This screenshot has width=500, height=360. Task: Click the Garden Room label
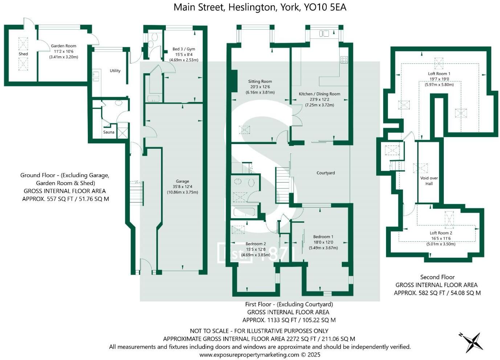63,46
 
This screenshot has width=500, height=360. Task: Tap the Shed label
23,54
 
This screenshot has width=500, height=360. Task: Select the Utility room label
115,71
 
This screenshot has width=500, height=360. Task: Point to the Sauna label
108,132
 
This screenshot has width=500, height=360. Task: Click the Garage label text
183,181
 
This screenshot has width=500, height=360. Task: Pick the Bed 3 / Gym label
184,49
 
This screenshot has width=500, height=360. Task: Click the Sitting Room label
260,82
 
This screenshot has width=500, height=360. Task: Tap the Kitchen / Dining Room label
319,94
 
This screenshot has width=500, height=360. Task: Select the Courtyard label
325,173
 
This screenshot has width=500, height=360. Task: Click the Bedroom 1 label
323,237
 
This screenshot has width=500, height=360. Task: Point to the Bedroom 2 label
255,244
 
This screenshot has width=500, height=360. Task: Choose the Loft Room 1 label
439,74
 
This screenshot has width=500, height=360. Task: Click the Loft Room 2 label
441,233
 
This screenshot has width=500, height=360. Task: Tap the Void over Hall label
429,181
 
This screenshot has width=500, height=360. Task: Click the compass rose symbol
472,342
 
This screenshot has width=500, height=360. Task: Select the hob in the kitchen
344,60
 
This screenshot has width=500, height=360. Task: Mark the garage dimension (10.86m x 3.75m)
183,192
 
